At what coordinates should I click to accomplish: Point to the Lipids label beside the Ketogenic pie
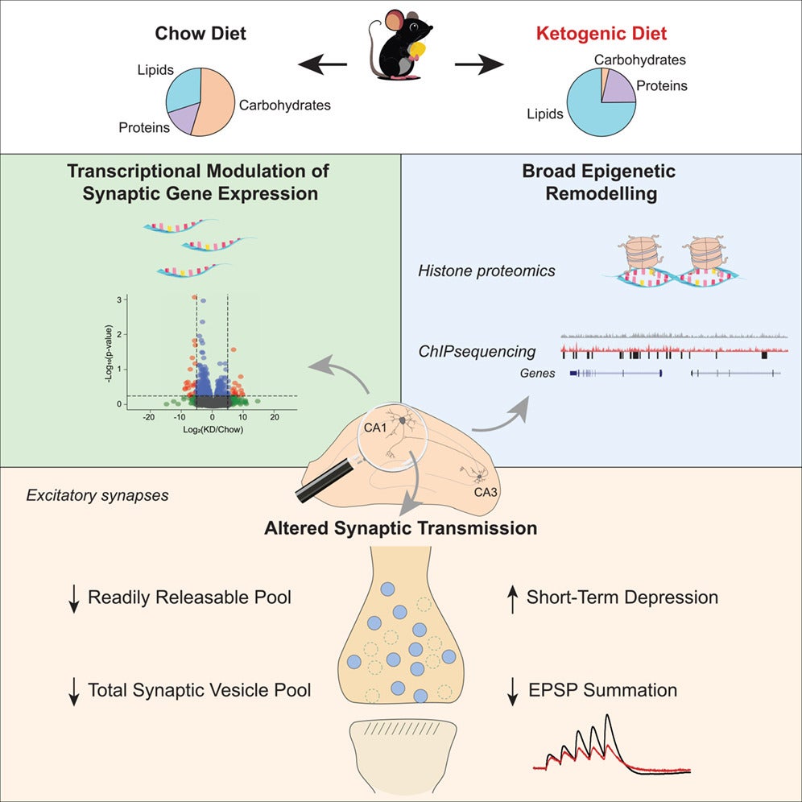pyautogui.click(x=544, y=114)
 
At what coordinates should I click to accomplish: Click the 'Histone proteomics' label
pyautogui.click(x=486, y=271)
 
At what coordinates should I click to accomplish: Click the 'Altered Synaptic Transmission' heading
pyautogui.click(x=401, y=529)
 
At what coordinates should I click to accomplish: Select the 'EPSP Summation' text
pyautogui.click(x=601, y=690)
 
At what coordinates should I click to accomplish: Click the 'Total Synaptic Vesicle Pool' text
pyautogui.click(x=199, y=690)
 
